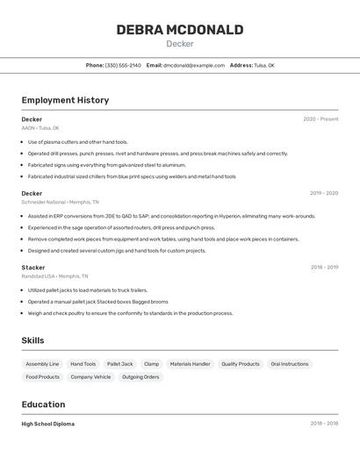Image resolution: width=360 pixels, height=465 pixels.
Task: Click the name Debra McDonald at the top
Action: coord(180,30)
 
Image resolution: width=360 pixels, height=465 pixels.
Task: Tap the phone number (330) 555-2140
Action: coord(123,65)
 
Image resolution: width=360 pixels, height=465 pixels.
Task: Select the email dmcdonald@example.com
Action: coord(194,65)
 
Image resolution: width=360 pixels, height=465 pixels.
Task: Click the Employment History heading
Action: coord(65,100)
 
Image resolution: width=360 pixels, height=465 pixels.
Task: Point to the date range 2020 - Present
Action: coord(320,119)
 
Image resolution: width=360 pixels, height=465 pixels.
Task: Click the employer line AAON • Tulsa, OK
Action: coord(40,128)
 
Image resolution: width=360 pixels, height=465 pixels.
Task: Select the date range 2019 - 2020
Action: coord(324,193)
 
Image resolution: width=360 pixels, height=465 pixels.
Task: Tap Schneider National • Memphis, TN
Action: coord(55,202)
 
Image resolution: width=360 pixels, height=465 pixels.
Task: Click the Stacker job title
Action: coord(33,268)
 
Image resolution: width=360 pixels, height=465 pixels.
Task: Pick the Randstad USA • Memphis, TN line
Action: coord(54,276)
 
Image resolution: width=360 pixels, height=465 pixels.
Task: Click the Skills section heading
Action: coord(32,340)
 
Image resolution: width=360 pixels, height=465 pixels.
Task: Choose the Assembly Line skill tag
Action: coord(42,364)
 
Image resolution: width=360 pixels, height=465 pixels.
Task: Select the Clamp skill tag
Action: coord(152,364)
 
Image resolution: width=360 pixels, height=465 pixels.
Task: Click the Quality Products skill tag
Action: coord(240,364)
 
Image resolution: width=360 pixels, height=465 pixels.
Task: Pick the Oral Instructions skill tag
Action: coord(290,364)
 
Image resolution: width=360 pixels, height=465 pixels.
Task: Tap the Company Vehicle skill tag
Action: coord(90,377)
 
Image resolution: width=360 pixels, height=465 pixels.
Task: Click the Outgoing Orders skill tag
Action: coord(140,377)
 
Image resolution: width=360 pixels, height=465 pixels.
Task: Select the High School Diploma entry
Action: coord(48,424)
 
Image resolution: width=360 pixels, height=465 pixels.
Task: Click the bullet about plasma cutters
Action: coord(77,142)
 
